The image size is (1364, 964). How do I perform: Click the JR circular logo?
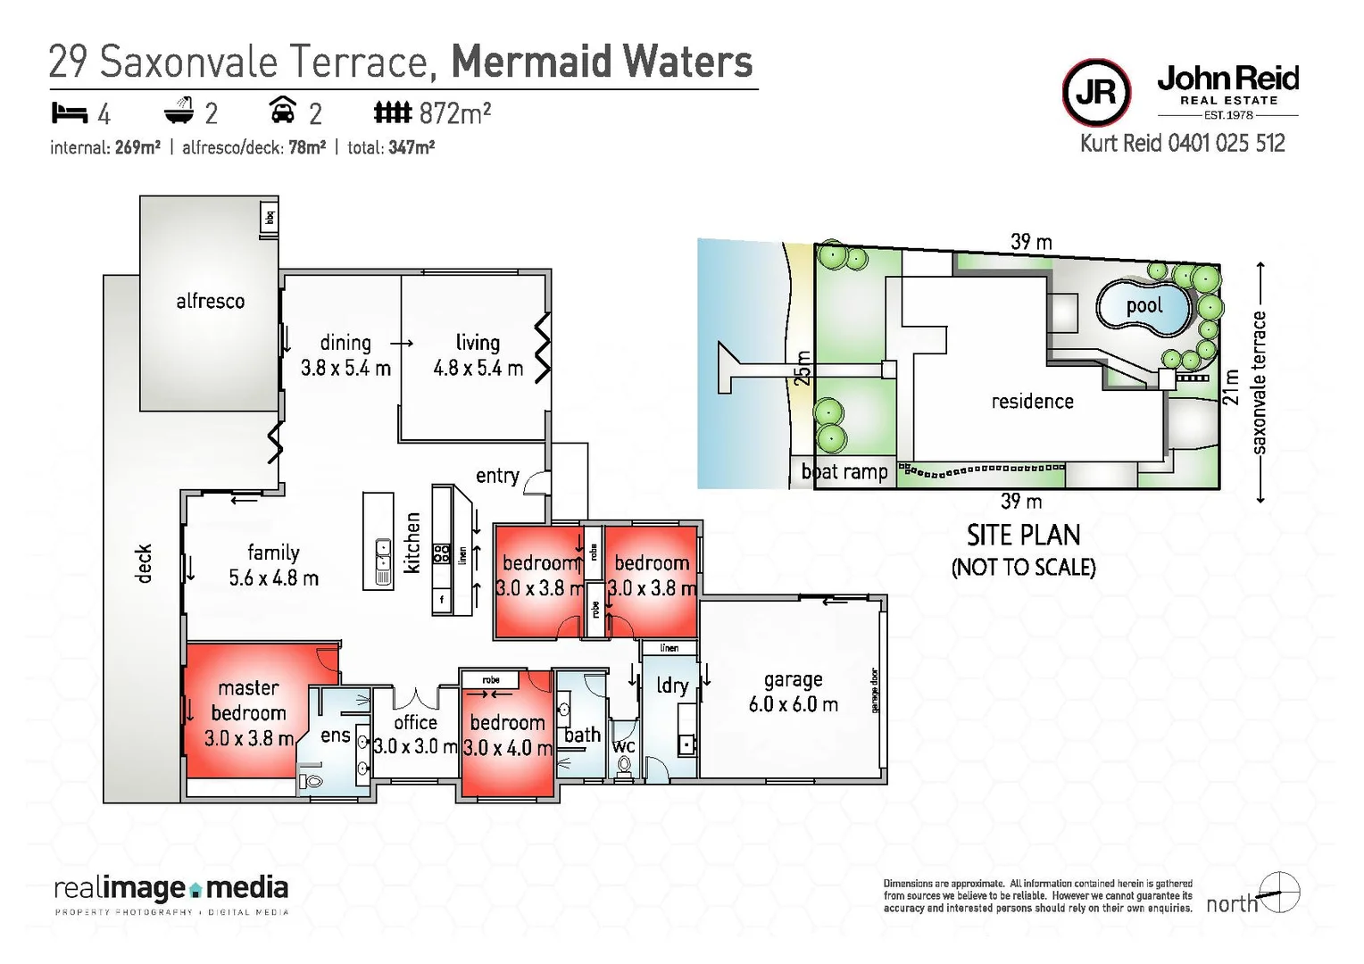pyautogui.click(x=1096, y=92)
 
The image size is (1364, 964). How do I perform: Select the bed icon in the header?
pyautogui.click(x=69, y=113)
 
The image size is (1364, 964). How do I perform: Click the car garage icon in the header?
pyautogui.click(x=283, y=111)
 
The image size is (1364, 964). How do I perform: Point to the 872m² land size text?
pyautogui.click(x=454, y=113)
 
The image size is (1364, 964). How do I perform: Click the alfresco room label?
pyautogui.click(x=210, y=302)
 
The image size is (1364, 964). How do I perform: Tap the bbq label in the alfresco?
pyautogui.click(x=270, y=217)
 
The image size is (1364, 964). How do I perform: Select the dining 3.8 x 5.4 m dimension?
pyautogui.click(x=345, y=368)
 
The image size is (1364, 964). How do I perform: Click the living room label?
pyautogui.click(x=478, y=343)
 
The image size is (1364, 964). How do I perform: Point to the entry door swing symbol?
pyautogui.click(x=536, y=483)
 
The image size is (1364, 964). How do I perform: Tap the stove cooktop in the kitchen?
pyautogui.click(x=441, y=553)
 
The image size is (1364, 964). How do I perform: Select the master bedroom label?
pyautogui.click(x=248, y=701)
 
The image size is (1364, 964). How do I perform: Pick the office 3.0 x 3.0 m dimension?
pyautogui.click(x=415, y=746)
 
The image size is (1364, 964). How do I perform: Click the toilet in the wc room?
pyautogui.click(x=624, y=766)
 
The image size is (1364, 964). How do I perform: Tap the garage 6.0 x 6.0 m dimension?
pyautogui.click(x=793, y=704)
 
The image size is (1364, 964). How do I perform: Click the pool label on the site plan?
pyautogui.click(x=1144, y=306)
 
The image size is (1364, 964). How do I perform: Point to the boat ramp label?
pyautogui.click(x=844, y=472)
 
